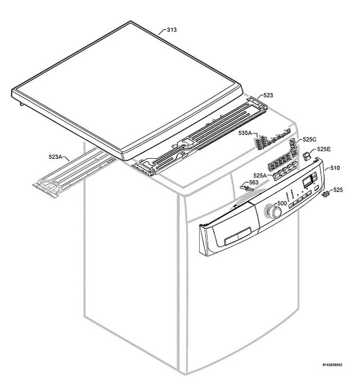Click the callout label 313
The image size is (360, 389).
[x=172, y=30]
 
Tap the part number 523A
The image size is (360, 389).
[x=55, y=157]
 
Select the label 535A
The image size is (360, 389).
[x=245, y=133]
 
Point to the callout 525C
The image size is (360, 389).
[x=309, y=140]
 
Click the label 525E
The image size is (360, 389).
[x=324, y=149]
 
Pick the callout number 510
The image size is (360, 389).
[x=335, y=168]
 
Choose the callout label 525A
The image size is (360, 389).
[x=260, y=176]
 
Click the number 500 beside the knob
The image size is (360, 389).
[x=282, y=203]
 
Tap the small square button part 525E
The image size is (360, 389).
[x=307, y=157]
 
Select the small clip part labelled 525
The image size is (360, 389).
[x=326, y=194]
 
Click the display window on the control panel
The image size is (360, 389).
[x=308, y=180]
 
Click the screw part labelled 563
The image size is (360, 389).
[x=246, y=188]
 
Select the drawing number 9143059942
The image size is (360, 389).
[x=332, y=365]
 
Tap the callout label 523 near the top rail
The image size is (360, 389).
[x=268, y=95]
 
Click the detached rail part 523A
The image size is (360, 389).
[x=74, y=172]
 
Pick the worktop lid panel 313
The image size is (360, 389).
[x=127, y=91]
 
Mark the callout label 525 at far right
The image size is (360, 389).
[x=338, y=190]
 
